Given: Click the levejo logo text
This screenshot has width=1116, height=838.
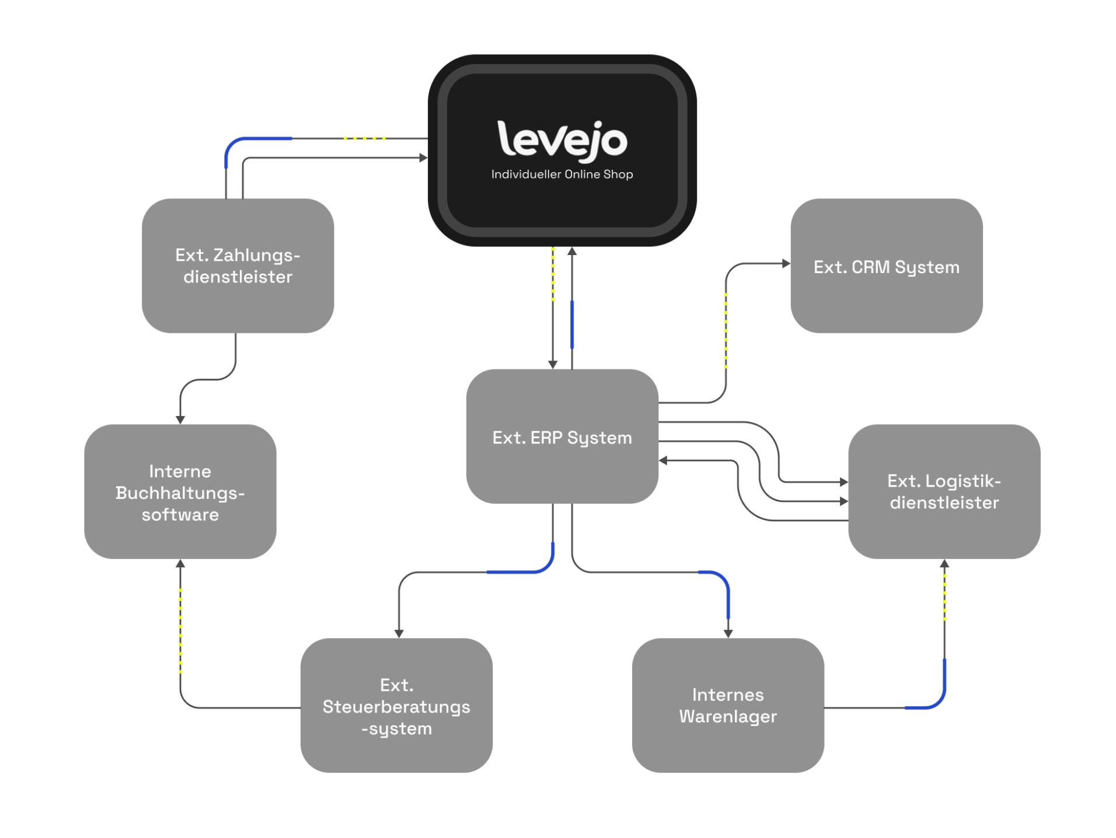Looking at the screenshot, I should click(x=562, y=140).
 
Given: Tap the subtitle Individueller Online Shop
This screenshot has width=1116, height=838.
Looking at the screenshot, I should click(x=562, y=174).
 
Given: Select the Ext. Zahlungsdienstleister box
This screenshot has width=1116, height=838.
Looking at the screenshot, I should click(x=238, y=266).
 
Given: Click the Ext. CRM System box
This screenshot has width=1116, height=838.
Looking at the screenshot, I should click(x=886, y=266).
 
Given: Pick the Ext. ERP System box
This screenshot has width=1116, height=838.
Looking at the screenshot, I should click(x=562, y=437).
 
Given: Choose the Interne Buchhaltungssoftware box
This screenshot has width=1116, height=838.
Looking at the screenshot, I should click(x=180, y=492).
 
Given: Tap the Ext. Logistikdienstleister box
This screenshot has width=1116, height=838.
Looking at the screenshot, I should click(x=943, y=491).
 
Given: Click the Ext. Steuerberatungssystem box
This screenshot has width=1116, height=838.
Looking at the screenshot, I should click(x=396, y=706).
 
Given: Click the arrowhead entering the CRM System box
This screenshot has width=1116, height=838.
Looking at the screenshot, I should click(x=786, y=264).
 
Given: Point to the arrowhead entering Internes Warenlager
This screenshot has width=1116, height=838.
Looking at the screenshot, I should click(x=728, y=633).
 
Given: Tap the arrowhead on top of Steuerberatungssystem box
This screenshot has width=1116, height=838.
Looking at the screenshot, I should click(x=399, y=633).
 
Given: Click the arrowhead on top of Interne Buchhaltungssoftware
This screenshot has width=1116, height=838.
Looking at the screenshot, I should click(x=180, y=420).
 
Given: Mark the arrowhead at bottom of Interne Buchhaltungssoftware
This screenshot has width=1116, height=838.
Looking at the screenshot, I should click(x=180, y=564).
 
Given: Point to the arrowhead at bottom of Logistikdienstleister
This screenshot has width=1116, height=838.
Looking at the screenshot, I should click(x=944, y=564).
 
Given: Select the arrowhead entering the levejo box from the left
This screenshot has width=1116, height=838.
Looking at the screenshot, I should click(x=423, y=158).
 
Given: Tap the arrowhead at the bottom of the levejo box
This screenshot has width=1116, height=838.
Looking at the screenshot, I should click(x=572, y=252).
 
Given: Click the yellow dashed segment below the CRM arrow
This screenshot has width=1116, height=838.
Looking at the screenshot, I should click(x=726, y=330).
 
